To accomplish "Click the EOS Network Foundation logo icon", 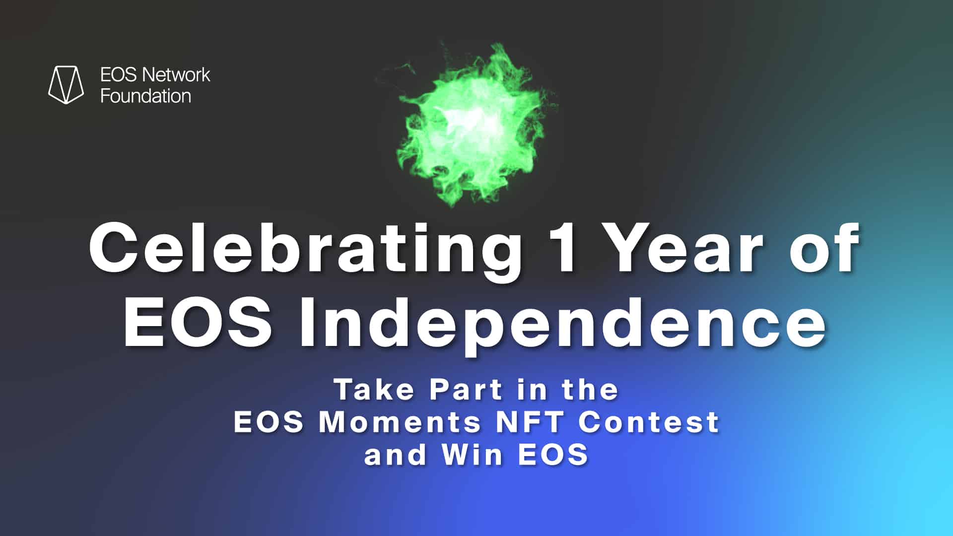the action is coord(66,84).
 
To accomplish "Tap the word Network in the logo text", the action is coord(176,75).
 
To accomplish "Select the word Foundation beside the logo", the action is coord(145,96).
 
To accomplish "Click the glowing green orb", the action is coord(474,124).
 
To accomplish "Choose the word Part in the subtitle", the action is coord(467,389).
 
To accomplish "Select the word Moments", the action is coord(400,422).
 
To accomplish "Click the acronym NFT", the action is coord(529,422).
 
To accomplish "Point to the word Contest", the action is coord(649,422).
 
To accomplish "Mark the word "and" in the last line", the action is coord(395,455).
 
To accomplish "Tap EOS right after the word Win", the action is coord(553,455).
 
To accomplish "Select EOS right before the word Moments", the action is coord(269,422).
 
